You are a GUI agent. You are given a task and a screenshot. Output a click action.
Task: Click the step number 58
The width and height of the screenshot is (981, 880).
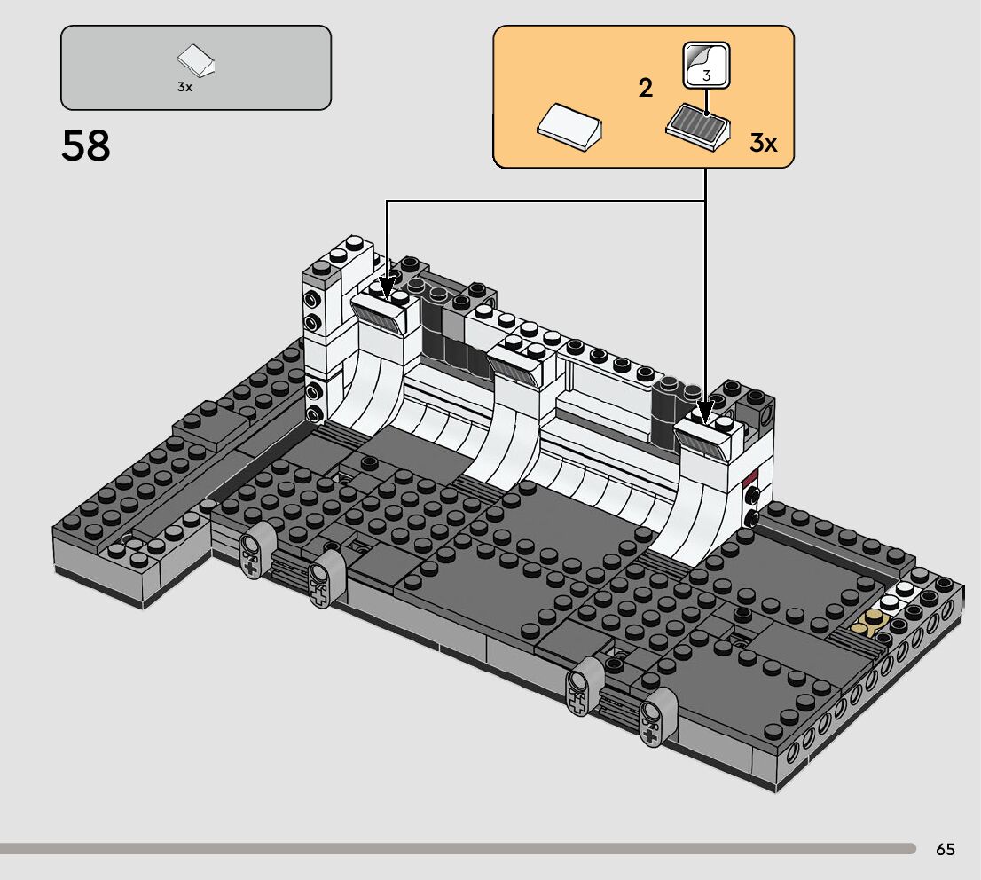(86, 145)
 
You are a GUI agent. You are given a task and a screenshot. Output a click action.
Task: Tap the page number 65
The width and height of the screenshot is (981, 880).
(946, 849)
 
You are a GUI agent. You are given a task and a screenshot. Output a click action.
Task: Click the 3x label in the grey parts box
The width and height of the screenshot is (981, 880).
(184, 87)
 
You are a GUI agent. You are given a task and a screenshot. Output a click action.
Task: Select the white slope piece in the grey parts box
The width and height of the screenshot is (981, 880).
(196, 59)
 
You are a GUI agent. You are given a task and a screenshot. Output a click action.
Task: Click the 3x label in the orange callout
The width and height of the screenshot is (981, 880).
(764, 144)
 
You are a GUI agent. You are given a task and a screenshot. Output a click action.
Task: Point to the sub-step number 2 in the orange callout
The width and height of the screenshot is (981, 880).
(646, 88)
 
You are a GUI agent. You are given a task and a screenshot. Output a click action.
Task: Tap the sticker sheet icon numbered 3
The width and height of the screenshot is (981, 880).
(706, 65)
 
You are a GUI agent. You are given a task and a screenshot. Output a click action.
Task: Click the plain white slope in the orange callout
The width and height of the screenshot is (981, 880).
(569, 127)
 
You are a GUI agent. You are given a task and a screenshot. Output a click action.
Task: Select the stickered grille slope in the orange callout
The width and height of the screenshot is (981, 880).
(698, 127)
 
